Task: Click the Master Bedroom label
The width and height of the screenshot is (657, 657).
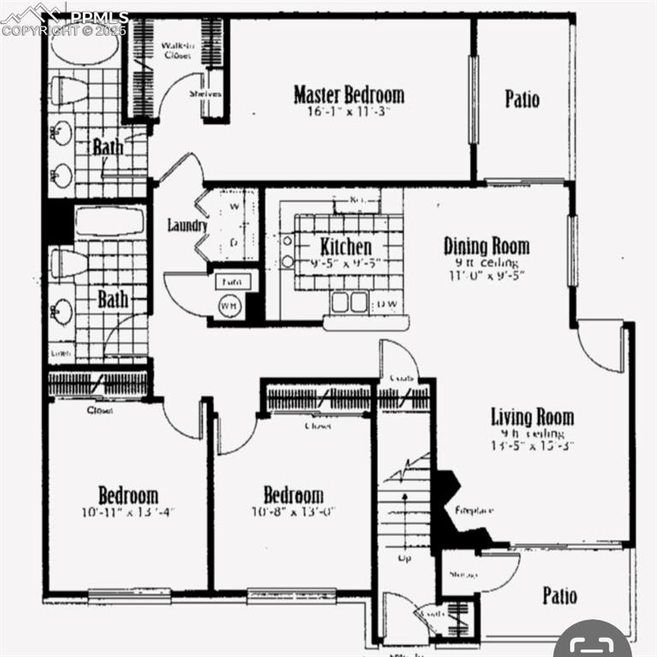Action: [x=348, y=94]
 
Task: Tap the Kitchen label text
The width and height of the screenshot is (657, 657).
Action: [x=346, y=246]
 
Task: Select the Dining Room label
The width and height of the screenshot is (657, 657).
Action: [x=486, y=246]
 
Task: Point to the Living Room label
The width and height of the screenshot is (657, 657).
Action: [x=531, y=417]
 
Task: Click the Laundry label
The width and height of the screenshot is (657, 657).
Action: [x=187, y=226]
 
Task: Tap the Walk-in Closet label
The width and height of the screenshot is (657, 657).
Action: [x=178, y=49]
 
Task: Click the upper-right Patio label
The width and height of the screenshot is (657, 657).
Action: [x=522, y=98]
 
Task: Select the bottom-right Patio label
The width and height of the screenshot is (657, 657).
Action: [x=559, y=595]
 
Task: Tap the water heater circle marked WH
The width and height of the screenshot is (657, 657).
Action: [x=229, y=305]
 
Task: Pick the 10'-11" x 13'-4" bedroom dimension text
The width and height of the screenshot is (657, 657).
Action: [x=127, y=512]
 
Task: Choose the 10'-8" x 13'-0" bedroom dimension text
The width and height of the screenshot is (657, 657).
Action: [x=293, y=512]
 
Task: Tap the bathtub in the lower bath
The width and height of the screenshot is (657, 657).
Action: [x=109, y=222]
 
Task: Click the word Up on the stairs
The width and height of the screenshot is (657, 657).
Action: [x=405, y=559]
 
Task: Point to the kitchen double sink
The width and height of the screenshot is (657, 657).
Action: [x=349, y=301]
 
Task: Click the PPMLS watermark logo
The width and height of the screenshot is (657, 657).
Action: [x=64, y=19]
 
